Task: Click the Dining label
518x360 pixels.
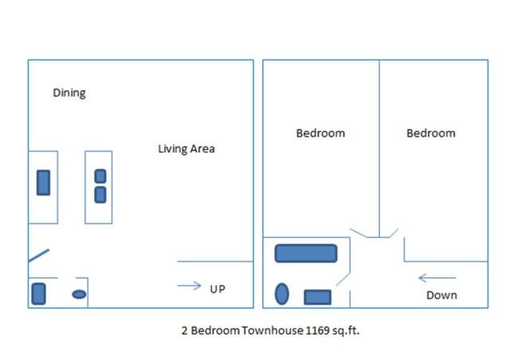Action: coord(69,93)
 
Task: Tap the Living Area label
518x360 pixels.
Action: coord(186,149)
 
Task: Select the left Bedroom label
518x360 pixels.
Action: coord(320,133)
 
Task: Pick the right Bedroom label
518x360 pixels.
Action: coord(431,133)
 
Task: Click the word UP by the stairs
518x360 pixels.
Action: coord(218,289)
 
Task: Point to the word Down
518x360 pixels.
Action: coord(441,295)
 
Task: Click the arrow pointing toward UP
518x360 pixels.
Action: coord(190,286)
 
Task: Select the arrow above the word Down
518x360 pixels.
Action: coord(437,278)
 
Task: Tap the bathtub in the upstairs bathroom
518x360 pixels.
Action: coord(306,253)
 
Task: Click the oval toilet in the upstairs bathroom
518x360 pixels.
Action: coord(282,294)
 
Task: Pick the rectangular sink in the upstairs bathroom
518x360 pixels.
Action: coord(317,297)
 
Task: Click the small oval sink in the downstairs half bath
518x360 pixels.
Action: coord(79,294)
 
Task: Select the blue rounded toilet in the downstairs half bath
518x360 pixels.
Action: coord(38,294)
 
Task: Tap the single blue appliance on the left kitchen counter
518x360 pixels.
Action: coord(43,182)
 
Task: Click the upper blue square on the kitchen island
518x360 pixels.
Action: coord(100,176)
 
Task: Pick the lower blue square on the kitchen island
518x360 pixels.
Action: coord(100,195)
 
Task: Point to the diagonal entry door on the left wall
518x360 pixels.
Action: coord(39,256)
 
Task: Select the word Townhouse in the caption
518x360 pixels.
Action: coord(273,331)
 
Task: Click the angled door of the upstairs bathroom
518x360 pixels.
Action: coord(343,280)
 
